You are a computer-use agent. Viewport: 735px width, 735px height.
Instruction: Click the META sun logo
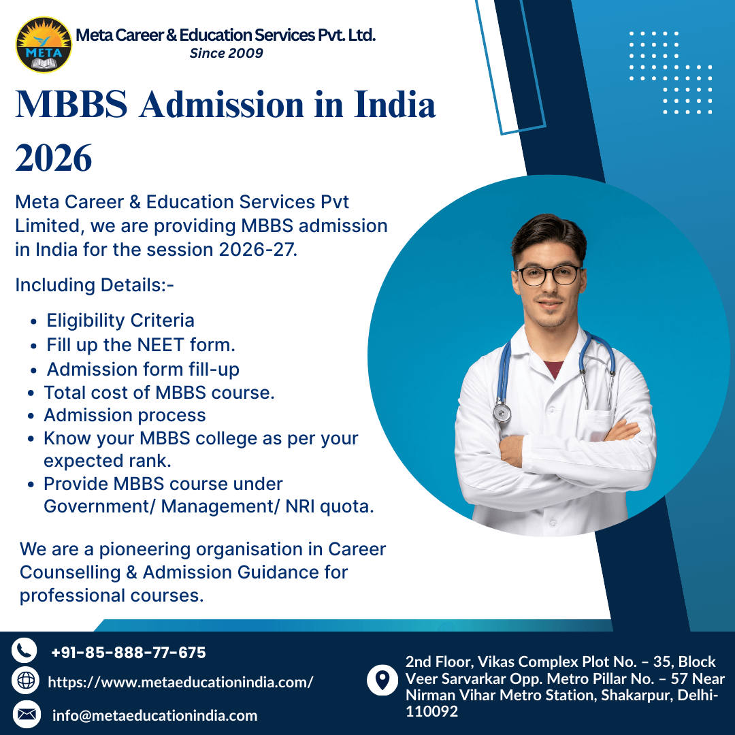pos(44,44)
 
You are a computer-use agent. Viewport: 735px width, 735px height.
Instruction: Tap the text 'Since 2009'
pos(226,53)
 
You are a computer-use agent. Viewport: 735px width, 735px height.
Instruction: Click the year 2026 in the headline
pos(54,159)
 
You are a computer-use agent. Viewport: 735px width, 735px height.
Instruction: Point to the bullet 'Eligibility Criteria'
pos(120,321)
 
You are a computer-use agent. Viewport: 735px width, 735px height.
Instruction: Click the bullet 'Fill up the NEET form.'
pos(141,345)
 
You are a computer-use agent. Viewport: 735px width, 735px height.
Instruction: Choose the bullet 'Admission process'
pos(125,415)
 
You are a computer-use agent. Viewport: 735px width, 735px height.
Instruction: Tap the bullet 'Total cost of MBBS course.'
pos(159,393)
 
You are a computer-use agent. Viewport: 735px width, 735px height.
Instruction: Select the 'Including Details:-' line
pos(95,285)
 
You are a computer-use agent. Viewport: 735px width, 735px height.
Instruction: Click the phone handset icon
pos(24,651)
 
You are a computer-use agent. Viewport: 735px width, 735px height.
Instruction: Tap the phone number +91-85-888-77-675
pos(129,653)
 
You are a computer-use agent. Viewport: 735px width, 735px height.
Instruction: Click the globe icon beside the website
pos(26,681)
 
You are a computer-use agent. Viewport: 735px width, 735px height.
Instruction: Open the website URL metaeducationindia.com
pos(180,682)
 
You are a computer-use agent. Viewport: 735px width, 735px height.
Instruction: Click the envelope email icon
pos(27,714)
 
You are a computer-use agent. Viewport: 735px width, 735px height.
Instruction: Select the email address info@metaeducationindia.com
pos(155,715)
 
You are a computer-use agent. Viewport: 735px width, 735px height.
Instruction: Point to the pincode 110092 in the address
pos(431,712)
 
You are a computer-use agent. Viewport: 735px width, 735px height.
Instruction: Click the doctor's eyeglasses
pos(549,276)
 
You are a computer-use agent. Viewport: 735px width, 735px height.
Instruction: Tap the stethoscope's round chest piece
pos(502,412)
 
